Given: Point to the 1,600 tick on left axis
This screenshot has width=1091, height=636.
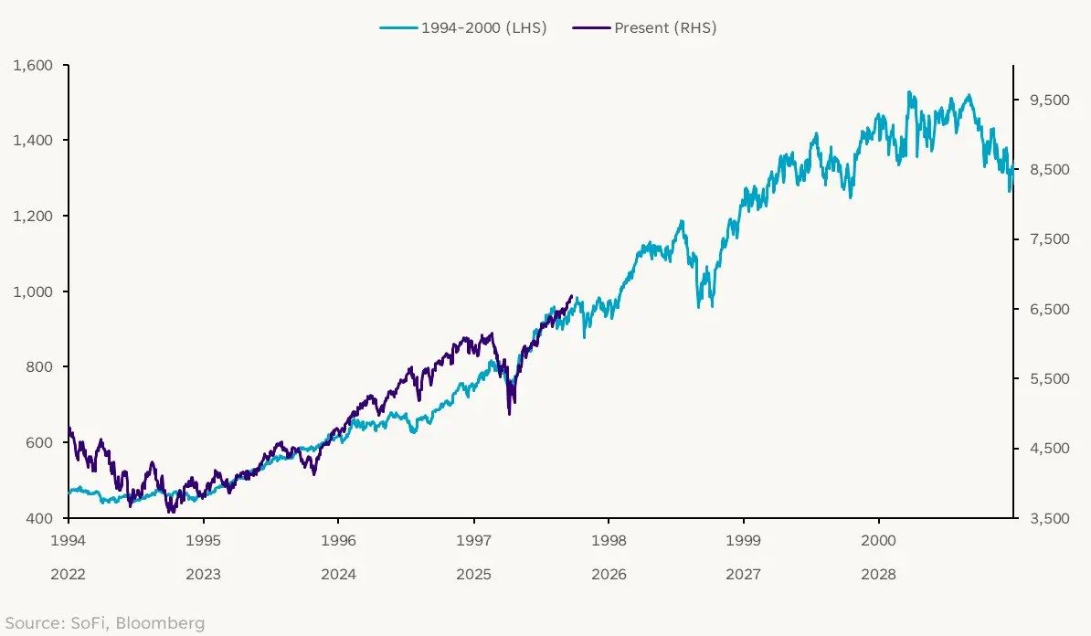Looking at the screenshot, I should coord(35,66).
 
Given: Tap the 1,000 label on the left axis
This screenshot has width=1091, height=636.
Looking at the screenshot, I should coord(35,291).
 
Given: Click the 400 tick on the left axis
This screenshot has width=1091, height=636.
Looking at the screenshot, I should coord(40,518).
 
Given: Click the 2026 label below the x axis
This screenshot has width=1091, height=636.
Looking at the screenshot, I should coord(609,575).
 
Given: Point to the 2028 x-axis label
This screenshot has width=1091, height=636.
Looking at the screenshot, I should coord(879,575).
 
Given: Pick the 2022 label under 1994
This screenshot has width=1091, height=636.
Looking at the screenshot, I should coord(69,575).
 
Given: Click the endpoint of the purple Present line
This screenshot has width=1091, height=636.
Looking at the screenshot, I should coord(572,296).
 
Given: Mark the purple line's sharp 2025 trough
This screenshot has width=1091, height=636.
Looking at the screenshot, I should coord(509,414).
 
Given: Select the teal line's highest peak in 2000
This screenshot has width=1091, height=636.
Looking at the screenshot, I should coord(908,91).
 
